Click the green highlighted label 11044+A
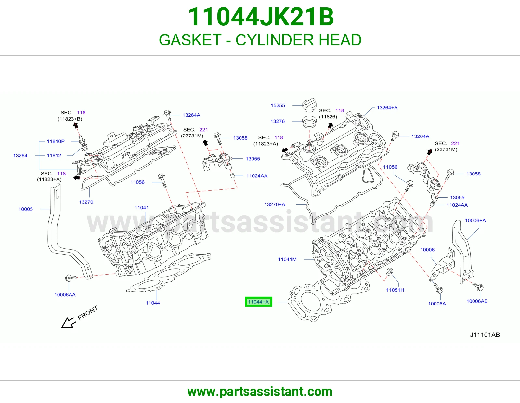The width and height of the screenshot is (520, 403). click(258, 302)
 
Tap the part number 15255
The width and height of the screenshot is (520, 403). click(278, 105)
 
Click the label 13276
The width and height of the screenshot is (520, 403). click(278, 121)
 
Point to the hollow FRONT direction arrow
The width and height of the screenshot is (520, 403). click(69, 322)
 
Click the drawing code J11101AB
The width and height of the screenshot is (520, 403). click(485, 335)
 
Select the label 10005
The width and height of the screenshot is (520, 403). click(26, 209)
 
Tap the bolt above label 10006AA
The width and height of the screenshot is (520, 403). click(71, 278)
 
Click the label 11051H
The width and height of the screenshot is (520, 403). click(395, 290)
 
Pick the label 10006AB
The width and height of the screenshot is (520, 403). click(477, 301)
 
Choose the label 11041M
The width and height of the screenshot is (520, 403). click(287, 259)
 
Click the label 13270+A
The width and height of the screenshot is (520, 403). click(275, 204)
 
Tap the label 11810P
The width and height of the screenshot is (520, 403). click(56, 141)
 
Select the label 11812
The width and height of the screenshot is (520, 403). click(54, 156)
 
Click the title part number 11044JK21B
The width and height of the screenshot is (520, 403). click(261, 17)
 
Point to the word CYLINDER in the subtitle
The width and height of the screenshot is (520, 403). click(275, 40)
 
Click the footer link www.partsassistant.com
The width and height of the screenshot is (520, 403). click(260, 392)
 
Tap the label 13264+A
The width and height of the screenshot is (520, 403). click(387, 108)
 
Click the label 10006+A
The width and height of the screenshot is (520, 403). click(475, 220)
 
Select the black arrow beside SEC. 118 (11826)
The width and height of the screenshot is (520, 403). click(330, 125)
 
